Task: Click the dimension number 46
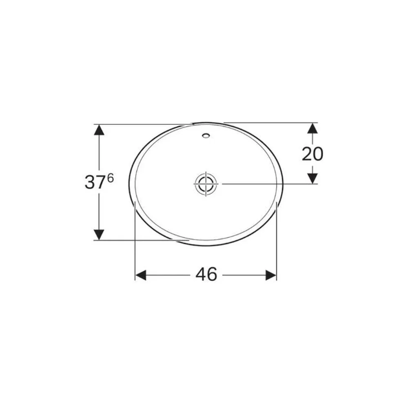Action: (x=206, y=274)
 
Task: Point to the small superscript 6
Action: (x=110, y=179)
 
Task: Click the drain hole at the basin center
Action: (x=206, y=184)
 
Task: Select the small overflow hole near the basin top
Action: (x=206, y=135)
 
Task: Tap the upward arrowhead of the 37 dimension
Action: (x=99, y=130)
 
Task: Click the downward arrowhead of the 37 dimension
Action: (x=99, y=235)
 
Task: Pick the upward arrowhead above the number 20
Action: (x=313, y=128)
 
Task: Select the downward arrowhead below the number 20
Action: (x=313, y=178)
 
